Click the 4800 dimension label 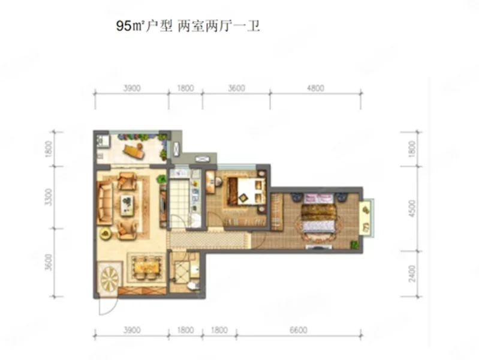click(x=315, y=88)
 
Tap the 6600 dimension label click(x=298, y=330)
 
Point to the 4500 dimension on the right click(x=412, y=209)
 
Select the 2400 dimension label click(x=412, y=274)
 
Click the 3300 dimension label click(x=49, y=197)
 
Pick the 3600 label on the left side click(x=49, y=262)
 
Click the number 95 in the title click(x=123, y=26)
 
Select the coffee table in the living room click(x=127, y=205)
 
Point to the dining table click(x=147, y=268)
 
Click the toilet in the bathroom click(x=192, y=286)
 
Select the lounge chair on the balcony click(x=134, y=151)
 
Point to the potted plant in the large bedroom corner click(x=354, y=244)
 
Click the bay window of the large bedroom click(x=366, y=218)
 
